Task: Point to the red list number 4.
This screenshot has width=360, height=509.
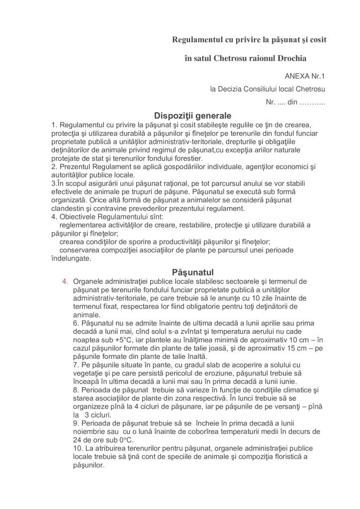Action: tap(65, 281)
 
